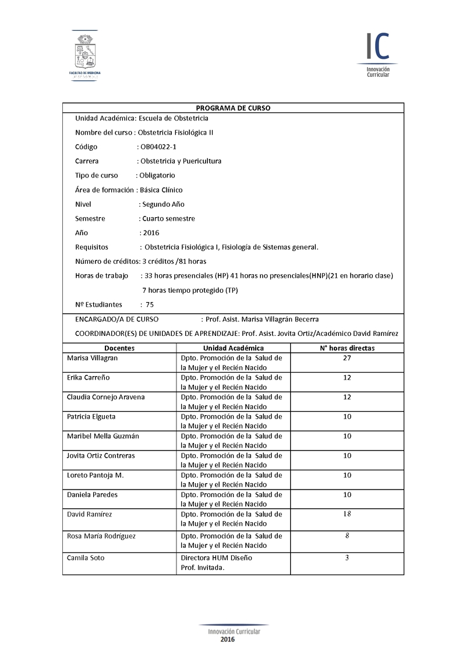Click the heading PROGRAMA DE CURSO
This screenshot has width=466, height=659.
click(x=233, y=108)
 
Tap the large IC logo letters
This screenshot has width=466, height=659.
click(x=377, y=47)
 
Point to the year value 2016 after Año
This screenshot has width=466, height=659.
click(x=151, y=233)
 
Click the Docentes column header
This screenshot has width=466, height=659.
click(x=119, y=348)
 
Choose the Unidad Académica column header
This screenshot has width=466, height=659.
click(x=233, y=348)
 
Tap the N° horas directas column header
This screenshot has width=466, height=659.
click(x=347, y=348)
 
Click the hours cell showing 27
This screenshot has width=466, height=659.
click(x=347, y=358)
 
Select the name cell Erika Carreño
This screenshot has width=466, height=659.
click(x=89, y=378)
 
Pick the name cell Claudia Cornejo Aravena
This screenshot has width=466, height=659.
click(x=106, y=397)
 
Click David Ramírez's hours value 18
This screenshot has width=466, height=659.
click(x=347, y=514)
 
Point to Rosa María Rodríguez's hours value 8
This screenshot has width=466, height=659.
click(x=347, y=536)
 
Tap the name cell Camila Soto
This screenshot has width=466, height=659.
click(x=86, y=558)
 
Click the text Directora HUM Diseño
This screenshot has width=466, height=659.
click(x=217, y=558)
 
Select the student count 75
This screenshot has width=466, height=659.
click(x=150, y=304)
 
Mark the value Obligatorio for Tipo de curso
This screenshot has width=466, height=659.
click(x=157, y=175)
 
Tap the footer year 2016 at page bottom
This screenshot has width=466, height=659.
click(x=228, y=640)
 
